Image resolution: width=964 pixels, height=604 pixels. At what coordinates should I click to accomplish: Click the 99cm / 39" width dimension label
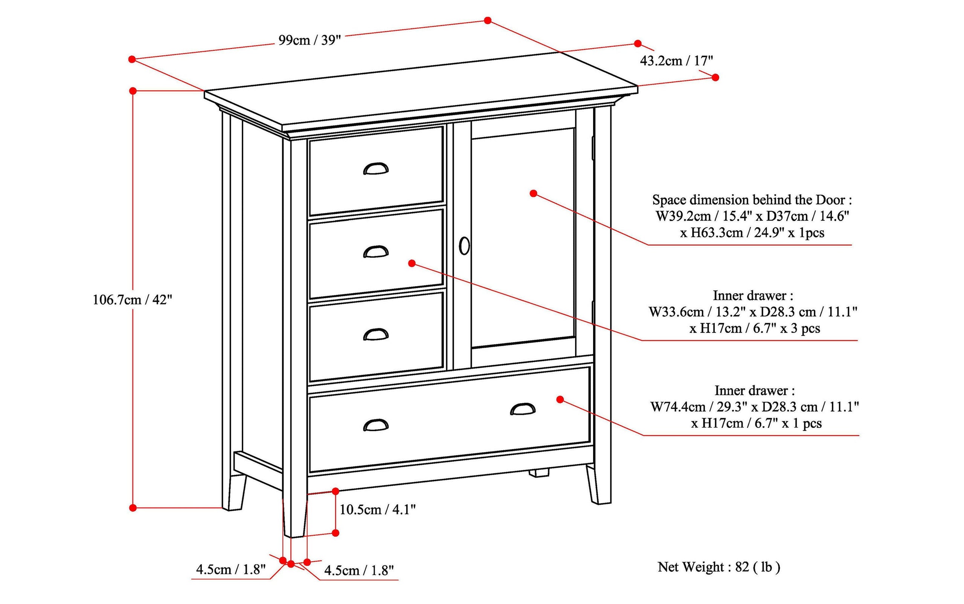click(310, 40)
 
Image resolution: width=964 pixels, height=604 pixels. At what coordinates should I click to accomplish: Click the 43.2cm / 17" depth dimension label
click(676, 61)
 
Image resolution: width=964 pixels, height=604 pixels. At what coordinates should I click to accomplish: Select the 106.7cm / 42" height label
click(132, 300)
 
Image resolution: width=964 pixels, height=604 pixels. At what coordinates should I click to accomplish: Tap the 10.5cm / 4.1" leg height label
click(377, 509)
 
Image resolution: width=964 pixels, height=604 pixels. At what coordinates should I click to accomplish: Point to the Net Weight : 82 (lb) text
click(718, 567)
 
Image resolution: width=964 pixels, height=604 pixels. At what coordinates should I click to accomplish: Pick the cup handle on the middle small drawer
click(375, 252)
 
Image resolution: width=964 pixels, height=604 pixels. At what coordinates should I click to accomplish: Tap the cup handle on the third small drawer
click(375, 335)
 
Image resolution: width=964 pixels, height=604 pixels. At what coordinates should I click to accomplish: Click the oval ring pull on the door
click(464, 246)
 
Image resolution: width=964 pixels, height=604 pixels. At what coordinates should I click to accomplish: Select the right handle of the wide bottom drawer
click(523, 410)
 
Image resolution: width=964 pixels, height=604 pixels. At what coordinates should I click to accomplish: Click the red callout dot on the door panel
click(533, 193)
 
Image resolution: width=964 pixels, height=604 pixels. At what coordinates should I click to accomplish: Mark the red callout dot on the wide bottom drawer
click(560, 399)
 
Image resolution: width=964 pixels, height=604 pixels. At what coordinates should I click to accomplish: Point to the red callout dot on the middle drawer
click(412, 263)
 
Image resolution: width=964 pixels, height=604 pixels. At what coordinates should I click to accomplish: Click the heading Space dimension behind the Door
click(752, 200)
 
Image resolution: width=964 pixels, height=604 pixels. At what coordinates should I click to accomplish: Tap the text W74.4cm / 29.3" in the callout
click(699, 407)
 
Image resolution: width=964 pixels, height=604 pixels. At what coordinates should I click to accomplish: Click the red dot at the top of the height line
click(133, 91)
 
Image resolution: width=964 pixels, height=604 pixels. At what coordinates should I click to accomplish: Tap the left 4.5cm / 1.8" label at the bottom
click(231, 569)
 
